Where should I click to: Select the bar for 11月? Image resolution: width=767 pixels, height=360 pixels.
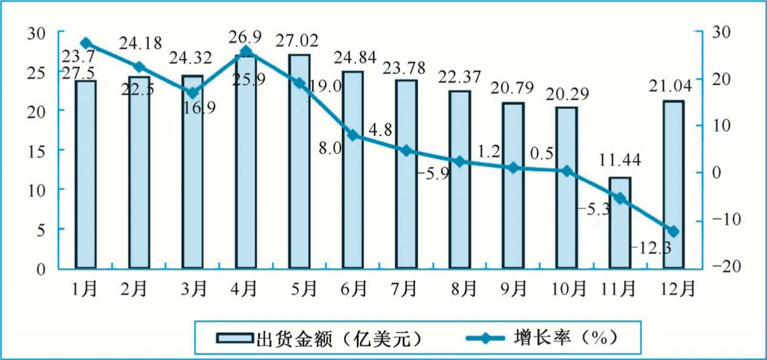pyautogui.click(x=620, y=223)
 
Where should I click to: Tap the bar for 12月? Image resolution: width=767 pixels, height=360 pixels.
pyautogui.click(x=674, y=184)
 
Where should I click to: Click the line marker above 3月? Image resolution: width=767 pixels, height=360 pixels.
pyautogui.click(x=192, y=93)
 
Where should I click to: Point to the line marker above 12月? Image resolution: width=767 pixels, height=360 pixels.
pyautogui.click(x=674, y=231)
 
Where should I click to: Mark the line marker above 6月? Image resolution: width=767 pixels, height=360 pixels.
pyautogui.click(x=353, y=136)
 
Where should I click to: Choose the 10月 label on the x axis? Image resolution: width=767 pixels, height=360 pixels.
pyautogui.click(x=568, y=288)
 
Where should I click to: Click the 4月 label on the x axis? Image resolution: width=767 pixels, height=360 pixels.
pyautogui.click(x=246, y=288)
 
